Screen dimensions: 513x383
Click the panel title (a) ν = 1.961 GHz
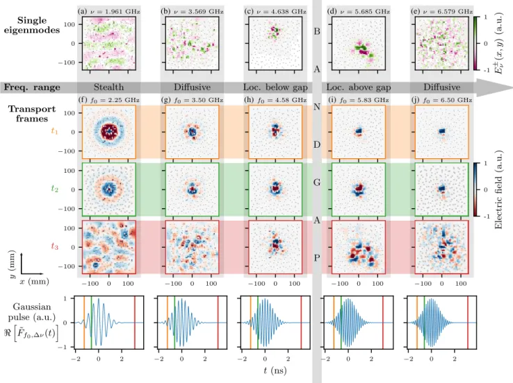[109, 11]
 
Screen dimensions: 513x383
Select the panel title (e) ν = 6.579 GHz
[441, 11]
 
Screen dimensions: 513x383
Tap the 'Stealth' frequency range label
[109, 87]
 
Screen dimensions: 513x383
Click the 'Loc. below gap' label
[275, 87]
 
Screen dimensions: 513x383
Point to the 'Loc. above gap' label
[359, 87]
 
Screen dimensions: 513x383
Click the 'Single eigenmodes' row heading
[32, 25]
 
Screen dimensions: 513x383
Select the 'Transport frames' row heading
[32, 114]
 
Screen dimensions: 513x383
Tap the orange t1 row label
[54, 131]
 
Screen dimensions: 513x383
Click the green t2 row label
[54, 189]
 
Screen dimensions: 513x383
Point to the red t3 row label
[54, 246]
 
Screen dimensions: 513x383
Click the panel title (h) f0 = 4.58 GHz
[275, 100]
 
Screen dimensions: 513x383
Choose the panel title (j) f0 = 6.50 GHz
[441, 100]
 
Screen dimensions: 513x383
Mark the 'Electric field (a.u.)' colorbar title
[498, 189]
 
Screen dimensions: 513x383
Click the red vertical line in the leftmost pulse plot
[134, 323]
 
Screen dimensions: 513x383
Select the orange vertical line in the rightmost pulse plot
[417, 323]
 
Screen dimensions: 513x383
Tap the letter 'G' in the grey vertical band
[317, 182]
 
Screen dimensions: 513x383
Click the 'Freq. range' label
[32, 87]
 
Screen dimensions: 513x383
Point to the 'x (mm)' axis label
[34, 282]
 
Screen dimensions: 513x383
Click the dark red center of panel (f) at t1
[108, 132]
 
